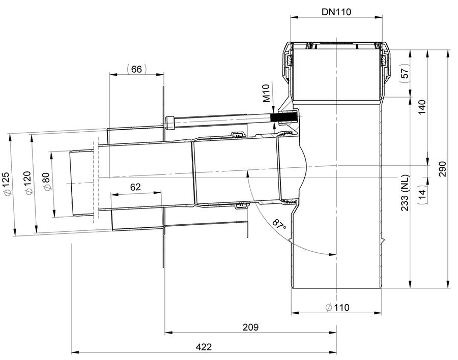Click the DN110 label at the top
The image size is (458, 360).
[336, 12]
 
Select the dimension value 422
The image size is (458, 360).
[204, 347]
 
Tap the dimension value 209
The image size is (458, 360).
[250, 327]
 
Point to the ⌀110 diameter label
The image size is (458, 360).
[337, 307]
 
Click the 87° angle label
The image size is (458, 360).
[279, 225]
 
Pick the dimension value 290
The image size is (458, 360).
[443, 169]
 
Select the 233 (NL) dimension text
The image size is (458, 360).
[405, 193]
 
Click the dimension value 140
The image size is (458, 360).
[422, 107]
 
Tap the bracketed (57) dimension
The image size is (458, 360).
[405, 71]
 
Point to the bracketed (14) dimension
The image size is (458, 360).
[422, 194]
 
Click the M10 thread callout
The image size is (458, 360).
[266, 94]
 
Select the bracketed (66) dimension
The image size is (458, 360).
[136, 69]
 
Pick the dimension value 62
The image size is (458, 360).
[135, 187]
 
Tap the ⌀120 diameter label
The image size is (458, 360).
[28, 183]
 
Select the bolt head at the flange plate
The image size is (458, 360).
[170, 123]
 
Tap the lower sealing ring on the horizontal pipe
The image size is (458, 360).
[241, 205]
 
